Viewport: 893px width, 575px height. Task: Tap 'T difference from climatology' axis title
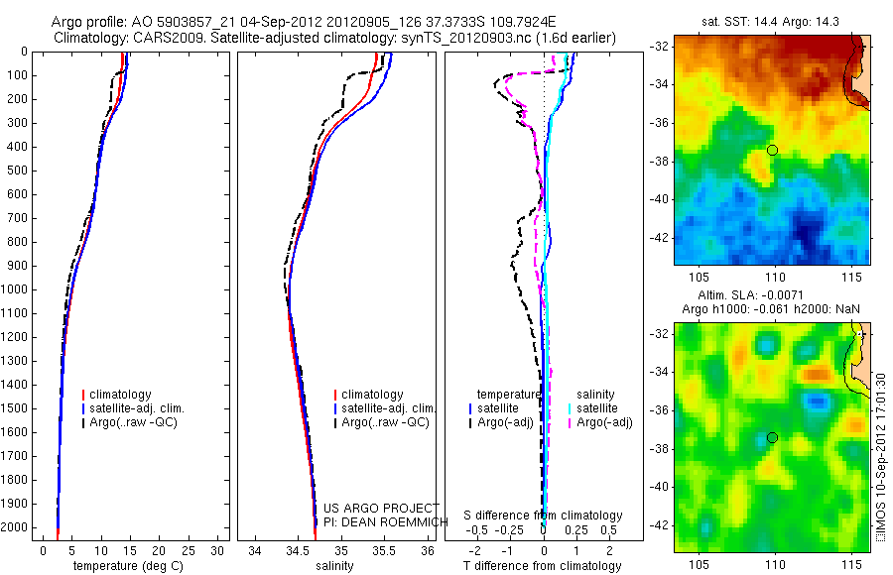pos(543,566)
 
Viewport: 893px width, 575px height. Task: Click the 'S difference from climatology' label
pos(544,516)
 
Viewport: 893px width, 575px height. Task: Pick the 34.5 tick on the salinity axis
pos(299,550)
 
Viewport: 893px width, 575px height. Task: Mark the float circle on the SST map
pos(772,150)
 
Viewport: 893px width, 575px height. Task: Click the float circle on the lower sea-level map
pos(772,437)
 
